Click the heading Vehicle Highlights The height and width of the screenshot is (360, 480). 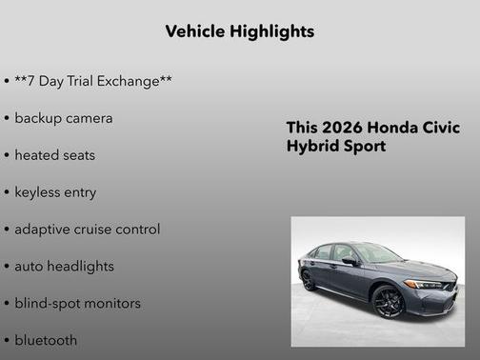pyautogui.click(x=239, y=31)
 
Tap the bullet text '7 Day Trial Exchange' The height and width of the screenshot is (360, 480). pyautogui.click(x=93, y=81)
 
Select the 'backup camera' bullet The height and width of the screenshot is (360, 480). pyautogui.click(x=64, y=118)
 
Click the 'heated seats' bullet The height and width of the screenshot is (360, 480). pyautogui.click(x=55, y=154)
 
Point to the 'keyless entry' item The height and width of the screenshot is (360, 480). pyautogui.click(x=55, y=191)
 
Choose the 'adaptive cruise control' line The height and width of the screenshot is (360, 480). pyautogui.click(x=88, y=229)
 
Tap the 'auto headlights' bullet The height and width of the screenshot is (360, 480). pyautogui.click(x=66, y=266)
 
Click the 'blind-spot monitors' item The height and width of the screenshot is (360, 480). pyautogui.click(x=77, y=303)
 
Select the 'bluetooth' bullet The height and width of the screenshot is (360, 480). pyautogui.click(x=47, y=340)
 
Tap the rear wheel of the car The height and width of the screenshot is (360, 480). pyautogui.click(x=309, y=281)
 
